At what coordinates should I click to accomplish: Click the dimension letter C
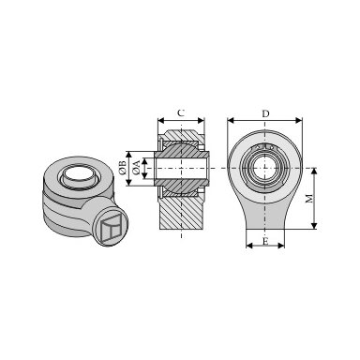point(181,112)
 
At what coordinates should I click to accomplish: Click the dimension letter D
point(265,113)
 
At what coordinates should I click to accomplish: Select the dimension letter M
point(309,198)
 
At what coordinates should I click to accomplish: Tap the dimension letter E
point(265,241)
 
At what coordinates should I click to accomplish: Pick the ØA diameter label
point(136,168)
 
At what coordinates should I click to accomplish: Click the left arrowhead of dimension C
point(161,120)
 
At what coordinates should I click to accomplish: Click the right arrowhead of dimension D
point(299,120)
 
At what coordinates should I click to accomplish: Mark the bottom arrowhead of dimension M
point(314,226)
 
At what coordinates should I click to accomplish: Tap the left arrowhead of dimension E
point(249,246)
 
